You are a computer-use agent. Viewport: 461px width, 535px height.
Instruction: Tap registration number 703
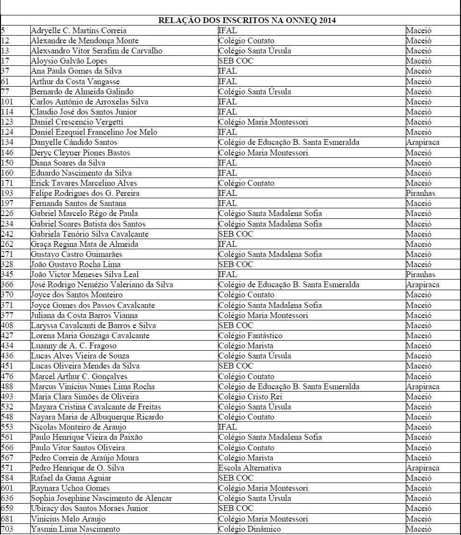[8, 529]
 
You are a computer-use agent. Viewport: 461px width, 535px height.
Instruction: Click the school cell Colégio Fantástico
[250, 336]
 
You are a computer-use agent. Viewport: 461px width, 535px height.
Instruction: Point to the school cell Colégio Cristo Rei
[250, 397]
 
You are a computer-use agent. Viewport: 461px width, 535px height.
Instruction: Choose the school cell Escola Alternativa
[250, 468]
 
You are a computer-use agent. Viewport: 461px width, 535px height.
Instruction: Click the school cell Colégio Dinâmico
[249, 529]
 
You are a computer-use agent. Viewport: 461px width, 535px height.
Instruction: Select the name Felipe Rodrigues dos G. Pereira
[85, 193]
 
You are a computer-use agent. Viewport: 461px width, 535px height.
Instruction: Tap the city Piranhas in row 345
[420, 275]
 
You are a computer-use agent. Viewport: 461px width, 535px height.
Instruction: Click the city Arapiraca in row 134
[423, 142]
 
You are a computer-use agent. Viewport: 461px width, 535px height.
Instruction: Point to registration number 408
[8, 326]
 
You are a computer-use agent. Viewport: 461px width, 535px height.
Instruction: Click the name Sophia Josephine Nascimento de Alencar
[101, 498]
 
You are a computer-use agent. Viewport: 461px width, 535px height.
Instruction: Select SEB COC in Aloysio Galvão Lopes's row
[235, 61]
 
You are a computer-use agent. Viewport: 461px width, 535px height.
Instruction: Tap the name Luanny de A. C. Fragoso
[73, 346]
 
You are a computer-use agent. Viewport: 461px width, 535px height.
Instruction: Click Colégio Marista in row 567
[245, 458]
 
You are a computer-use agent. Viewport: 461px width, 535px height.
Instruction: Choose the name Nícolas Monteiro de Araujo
[78, 427]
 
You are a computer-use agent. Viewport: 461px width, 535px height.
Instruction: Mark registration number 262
[8, 244]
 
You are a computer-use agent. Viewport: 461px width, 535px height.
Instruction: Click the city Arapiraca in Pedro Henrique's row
[423, 468]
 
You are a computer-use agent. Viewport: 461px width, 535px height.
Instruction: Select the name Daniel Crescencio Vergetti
[77, 122]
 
